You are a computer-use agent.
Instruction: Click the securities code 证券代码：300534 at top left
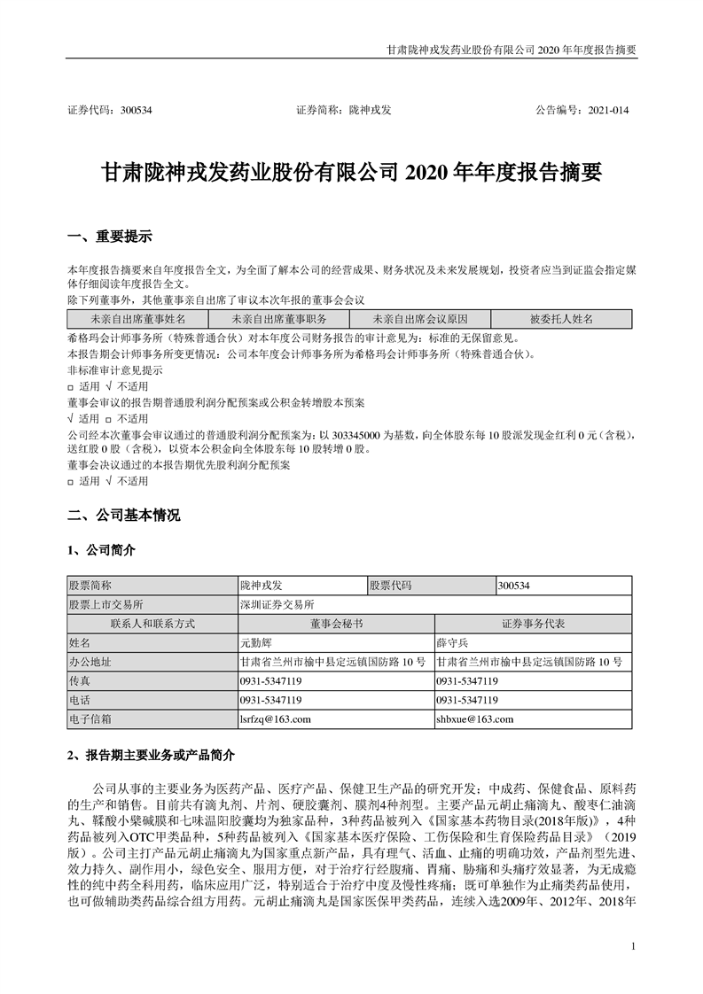pos(110,111)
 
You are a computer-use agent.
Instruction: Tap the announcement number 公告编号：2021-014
pos(582,111)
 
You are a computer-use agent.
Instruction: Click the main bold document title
pos(352,171)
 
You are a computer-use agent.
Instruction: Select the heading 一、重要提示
pos(110,237)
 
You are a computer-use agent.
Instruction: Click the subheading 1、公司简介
pos(102,550)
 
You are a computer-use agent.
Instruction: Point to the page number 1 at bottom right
pos(633,947)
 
